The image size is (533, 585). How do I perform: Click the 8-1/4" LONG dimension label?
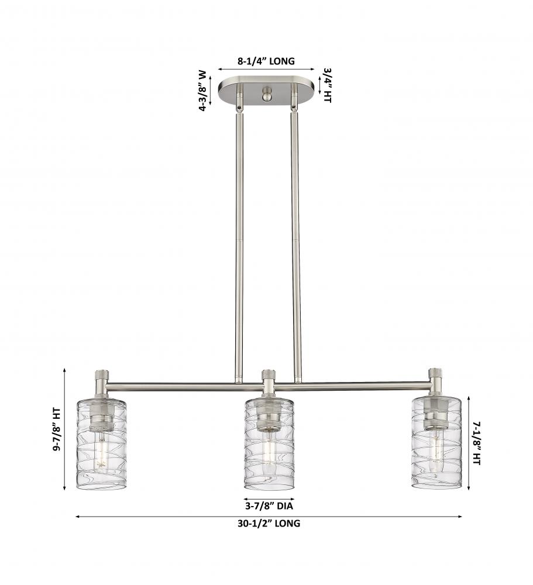point(266,61)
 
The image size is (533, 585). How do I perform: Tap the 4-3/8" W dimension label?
point(202,91)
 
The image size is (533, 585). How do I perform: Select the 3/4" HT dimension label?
point(327,85)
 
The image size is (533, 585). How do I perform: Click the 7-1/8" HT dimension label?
point(477,443)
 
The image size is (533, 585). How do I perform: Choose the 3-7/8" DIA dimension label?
point(269,506)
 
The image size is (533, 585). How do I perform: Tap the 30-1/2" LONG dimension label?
point(269,524)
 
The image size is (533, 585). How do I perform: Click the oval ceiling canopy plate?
point(267,91)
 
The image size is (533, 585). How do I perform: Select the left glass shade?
point(101,443)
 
